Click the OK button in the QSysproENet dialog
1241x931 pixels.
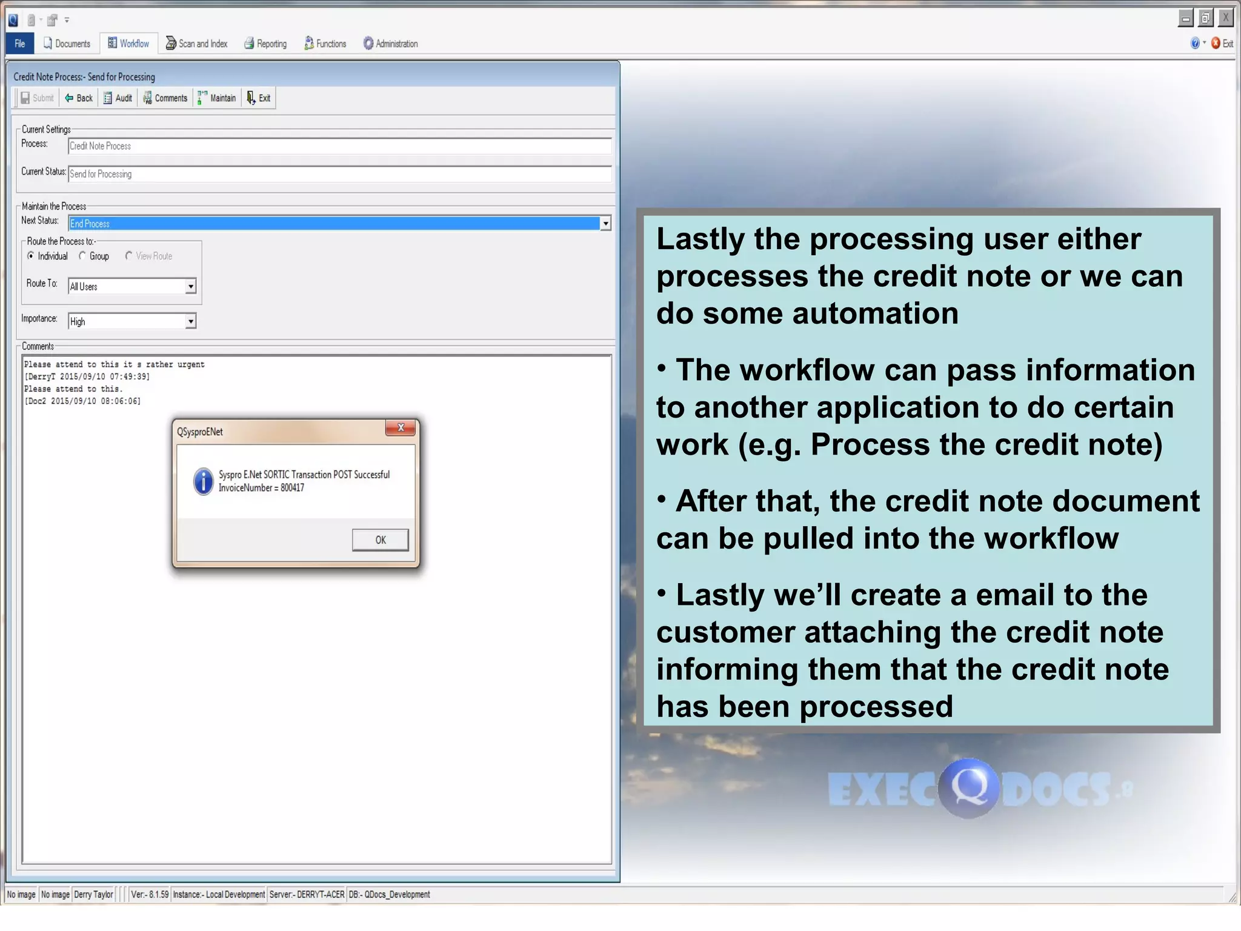(380, 539)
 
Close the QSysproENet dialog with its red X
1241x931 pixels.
(401, 428)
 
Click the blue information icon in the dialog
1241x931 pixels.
(203, 481)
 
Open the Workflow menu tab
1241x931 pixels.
(128, 44)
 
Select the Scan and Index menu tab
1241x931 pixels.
(197, 44)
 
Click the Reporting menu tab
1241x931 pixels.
(265, 44)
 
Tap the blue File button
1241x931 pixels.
(20, 44)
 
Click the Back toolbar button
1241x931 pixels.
(79, 98)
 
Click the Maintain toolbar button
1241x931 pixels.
(217, 98)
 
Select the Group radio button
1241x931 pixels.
(83, 256)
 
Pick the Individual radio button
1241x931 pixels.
(31, 256)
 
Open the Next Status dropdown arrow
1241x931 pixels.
(605, 224)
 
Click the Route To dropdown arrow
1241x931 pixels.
(190, 286)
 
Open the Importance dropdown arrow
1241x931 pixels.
(190, 321)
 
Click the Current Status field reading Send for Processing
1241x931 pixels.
(339, 174)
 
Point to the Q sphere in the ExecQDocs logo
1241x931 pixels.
(968, 787)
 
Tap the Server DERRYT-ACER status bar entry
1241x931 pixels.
(307, 894)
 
